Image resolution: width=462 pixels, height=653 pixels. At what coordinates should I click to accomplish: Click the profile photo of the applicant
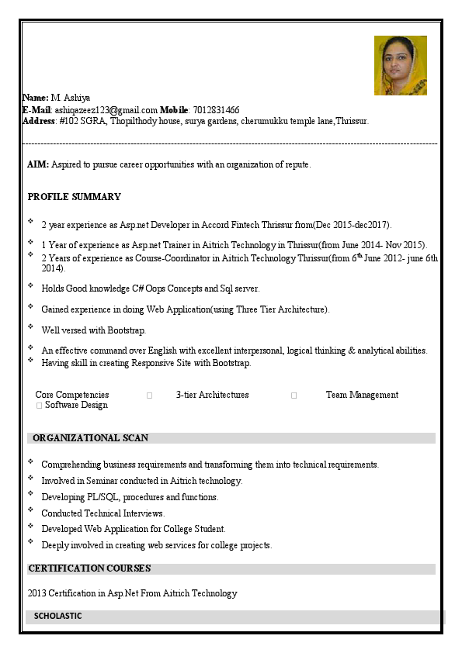[x=400, y=65]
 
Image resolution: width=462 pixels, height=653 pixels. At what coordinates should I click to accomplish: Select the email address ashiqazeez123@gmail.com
[x=106, y=110]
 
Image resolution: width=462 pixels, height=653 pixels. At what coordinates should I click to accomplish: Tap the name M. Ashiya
[x=71, y=98]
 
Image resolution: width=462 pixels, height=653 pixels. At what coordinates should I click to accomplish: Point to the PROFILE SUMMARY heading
[x=74, y=197]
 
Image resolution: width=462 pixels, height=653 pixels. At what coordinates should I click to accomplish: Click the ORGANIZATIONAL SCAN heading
[x=90, y=438]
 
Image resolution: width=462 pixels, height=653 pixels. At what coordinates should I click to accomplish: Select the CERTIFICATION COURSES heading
[x=89, y=568]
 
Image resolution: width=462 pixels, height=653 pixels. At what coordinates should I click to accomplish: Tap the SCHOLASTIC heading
[x=57, y=616]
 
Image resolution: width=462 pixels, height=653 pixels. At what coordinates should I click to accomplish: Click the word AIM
[x=37, y=164]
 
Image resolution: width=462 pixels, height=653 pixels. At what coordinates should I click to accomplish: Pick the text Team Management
[x=362, y=395]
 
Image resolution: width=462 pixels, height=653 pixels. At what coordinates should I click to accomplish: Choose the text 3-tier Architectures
[x=212, y=395]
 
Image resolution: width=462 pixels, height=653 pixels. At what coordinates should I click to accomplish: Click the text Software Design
[x=76, y=405]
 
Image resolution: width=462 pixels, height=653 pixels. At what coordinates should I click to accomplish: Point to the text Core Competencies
[x=72, y=395]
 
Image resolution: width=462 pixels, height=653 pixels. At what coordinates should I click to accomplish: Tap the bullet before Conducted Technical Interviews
[x=30, y=511]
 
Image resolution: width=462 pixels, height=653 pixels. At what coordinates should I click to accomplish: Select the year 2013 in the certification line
[x=36, y=593]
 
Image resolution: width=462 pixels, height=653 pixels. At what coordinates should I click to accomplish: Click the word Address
[x=39, y=121]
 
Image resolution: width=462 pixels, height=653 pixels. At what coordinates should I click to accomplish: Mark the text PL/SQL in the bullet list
[x=102, y=497]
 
